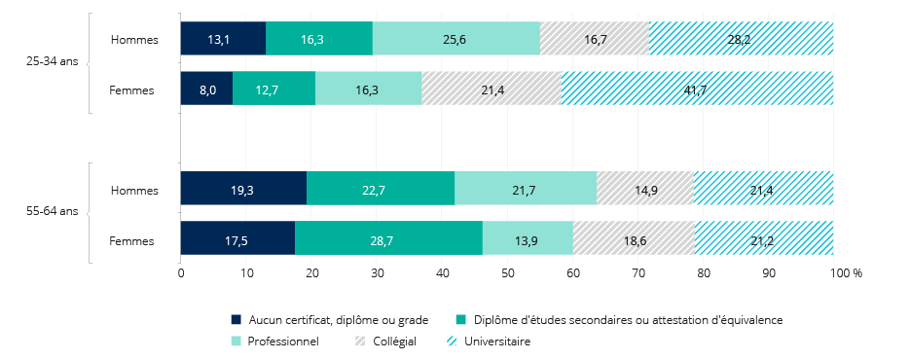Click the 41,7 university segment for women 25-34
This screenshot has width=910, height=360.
pyautogui.click(x=697, y=89)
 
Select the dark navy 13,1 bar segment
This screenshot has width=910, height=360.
pyautogui.click(x=223, y=39)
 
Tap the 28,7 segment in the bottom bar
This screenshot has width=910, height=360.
pyautogui.click(x=388, y=238)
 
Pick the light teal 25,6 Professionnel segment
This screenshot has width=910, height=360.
pyautogui.click(x=455, y=39)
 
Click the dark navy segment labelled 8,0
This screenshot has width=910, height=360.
pyautogui.click(x=206, y=89)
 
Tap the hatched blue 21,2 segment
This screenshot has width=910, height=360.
pyautogui.click(x=763, y=238)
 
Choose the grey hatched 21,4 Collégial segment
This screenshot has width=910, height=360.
pyautogui.click(x=491, y=89)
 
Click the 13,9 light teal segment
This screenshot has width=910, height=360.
pyautogui.click(x=528, y=238)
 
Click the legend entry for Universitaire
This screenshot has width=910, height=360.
pyautogui.click(x=496, y=342)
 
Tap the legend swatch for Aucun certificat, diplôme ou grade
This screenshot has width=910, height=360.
pyautogui.click(x=236, y=319)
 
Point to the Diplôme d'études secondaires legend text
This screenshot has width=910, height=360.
pyautogui.click(x=628, y=319)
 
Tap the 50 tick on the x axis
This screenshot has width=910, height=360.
pyautogui.click(x=507, y=274)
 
